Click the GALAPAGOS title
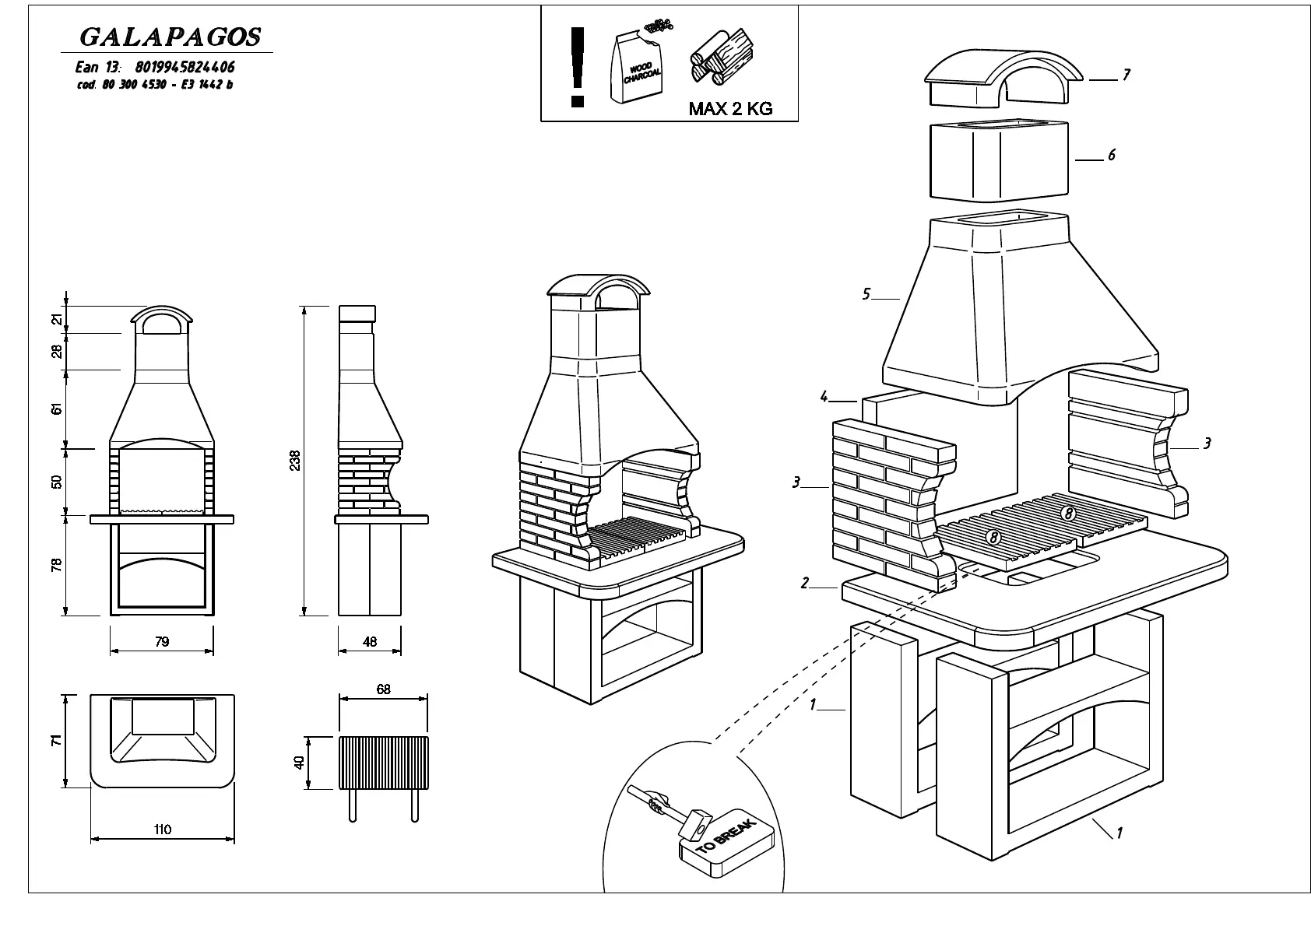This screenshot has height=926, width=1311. point(170,37)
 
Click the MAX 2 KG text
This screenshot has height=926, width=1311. point(730,109)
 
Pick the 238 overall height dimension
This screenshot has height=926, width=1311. point(294,461)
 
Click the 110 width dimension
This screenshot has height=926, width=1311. point(162,830)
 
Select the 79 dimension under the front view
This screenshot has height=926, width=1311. point(161,642)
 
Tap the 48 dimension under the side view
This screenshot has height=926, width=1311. point(370,642)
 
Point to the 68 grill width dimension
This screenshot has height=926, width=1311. point(382,689)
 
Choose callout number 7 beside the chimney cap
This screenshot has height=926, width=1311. point(1126,75)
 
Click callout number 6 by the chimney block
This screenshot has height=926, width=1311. point(1111,156)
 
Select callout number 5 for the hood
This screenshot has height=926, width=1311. point(866,294)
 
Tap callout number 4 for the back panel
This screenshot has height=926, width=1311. point(824,398)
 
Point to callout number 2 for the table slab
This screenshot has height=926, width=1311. point(805,583)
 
